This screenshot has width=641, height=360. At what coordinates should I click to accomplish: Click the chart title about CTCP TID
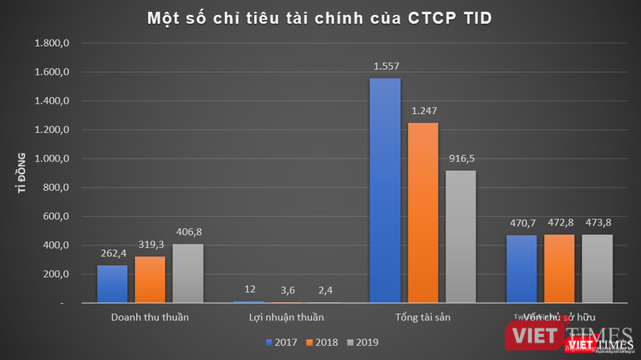[320, 17]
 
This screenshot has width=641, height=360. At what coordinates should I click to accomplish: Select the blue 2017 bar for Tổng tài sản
[385, 190]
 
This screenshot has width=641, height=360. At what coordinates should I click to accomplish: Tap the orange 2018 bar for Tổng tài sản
[422, 212]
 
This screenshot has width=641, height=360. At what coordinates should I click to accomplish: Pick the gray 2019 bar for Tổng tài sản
[460, 236]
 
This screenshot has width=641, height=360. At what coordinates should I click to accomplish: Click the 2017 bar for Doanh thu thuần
[112, 283]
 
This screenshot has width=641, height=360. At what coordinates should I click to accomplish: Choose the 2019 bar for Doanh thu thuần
[188, 273]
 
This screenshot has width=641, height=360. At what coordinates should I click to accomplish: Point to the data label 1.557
[385, 66]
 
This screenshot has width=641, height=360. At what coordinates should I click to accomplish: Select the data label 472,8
[558, 222]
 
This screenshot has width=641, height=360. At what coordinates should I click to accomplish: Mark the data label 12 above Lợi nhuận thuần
[248, 289]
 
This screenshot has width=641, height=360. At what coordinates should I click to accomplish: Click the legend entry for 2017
[283, 342]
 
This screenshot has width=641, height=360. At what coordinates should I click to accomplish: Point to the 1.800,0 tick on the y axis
[54, 44]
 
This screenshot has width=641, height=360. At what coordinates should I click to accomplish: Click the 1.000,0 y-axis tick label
[54, 159]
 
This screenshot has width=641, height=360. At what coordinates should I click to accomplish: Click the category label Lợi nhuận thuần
[286, 318]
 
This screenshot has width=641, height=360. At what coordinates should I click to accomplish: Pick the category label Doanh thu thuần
[150, 318]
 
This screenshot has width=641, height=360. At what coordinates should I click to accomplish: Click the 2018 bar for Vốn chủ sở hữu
[558, 268]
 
